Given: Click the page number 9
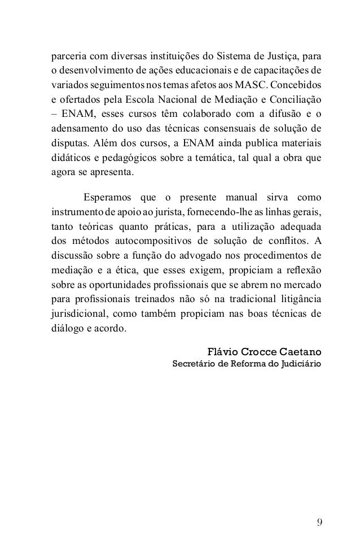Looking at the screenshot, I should click(320, 504).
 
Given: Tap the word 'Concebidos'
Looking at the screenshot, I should click(304, 85).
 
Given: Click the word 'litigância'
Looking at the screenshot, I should click(300, 300).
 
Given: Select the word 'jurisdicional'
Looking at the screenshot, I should click(75, 315).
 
